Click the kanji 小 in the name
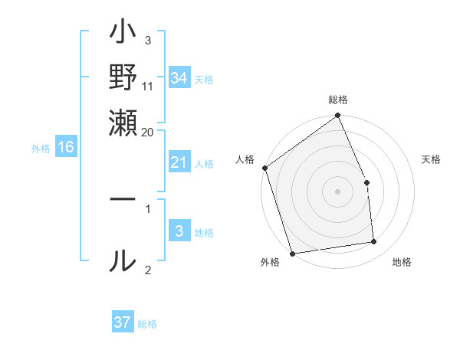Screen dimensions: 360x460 pos(123,35)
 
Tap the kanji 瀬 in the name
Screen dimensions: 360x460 pos(123,123)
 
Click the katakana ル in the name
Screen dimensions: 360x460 pos(123,260)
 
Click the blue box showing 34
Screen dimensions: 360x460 pos(179,78)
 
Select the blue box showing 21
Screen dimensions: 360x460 pos(179,162)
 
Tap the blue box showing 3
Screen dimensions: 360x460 pos(179,231)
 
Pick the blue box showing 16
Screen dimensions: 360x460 pos(66,147)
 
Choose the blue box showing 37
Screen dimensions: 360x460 pos(123,322)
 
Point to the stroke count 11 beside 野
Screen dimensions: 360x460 pos(148,87)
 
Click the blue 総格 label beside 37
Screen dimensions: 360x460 pos(147,324)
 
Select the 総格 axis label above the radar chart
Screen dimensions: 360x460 pos(338,100)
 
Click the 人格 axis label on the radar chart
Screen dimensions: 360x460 pos(245,159)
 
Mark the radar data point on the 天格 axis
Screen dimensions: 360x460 pos(366,182)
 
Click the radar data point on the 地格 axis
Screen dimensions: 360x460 pos(374,242)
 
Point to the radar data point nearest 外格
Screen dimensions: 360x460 pos(292,253)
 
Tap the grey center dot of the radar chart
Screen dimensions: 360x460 pos(338,191)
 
